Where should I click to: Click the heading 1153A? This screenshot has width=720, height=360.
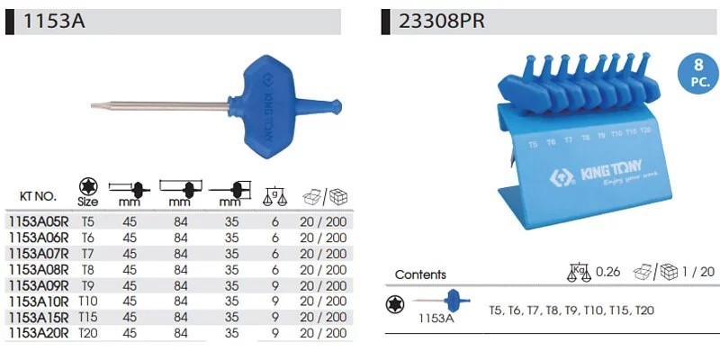[x=54, y=21]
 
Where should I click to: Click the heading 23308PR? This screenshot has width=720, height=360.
[x=441, y=21]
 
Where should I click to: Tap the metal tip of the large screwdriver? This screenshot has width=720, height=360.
[x=95, y=106]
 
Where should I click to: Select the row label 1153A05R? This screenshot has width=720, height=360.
[x=39, y=222]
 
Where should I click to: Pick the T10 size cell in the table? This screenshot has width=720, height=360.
[x=87, y=301]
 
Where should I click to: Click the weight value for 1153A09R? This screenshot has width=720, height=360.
[x=275, y=285]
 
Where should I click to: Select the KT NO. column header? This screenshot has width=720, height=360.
[x=38, y=196]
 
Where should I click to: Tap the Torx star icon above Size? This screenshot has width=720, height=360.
[x=87, y=186]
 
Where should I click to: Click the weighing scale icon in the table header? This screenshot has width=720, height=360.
[x=274, y=196]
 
